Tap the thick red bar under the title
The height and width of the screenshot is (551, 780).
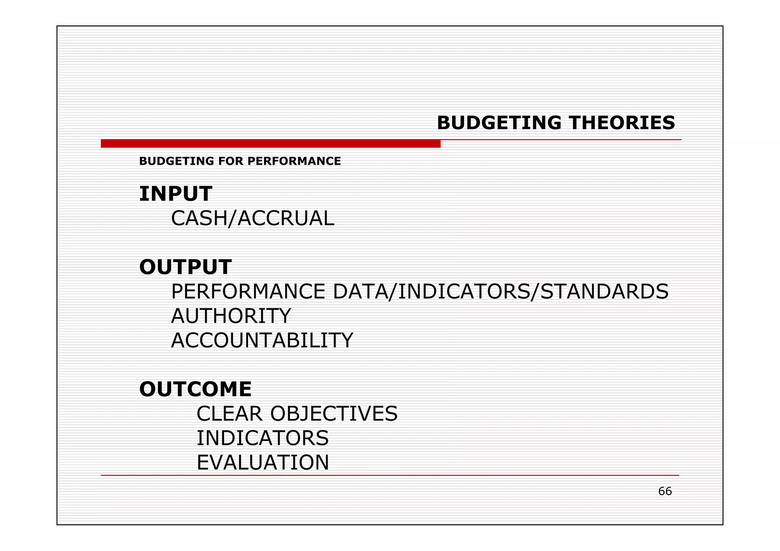click(x=270, y=143)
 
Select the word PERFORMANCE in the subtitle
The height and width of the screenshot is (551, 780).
click(x=294, y=161)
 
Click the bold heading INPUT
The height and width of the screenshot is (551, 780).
click(x=176, y=194)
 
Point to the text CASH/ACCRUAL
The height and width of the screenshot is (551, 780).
click(x=253, y=218)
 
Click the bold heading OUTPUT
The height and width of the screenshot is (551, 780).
click(x=185, y=267)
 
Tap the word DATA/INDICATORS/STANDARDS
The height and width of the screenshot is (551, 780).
click(x=500, y=291)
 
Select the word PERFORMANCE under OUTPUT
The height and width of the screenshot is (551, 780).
click(x=248, y=291)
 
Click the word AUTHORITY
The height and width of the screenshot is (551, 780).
click(x=231, y=316)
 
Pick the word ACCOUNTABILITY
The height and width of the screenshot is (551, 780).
click(x=262, y=340)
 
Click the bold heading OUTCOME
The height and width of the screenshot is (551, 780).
click(x=195, y=389)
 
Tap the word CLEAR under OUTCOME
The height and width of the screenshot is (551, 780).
click(x=229, y=414)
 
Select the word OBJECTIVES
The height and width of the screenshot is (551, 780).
click(x=334, y=414)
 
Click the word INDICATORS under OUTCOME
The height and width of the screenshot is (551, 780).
click(x=262, y=438)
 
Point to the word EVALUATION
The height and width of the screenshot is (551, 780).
click(x=262, y=463)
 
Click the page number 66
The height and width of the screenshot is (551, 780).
click(x=665, y=491)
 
